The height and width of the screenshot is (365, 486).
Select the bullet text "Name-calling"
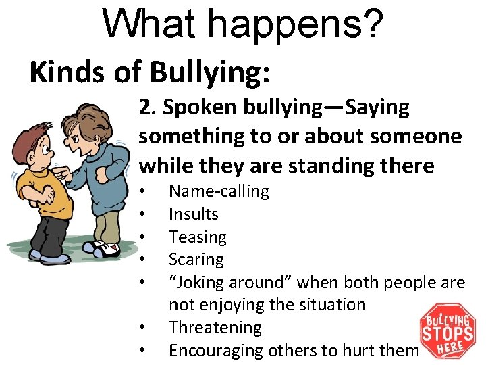[x=219, y=191]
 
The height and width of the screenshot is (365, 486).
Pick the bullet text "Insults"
[x=194, y=214]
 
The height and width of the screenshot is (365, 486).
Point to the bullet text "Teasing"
[x=198, y=237]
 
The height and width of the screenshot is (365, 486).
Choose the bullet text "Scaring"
[x=196, y=260]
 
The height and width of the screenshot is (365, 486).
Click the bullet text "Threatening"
[x=215, y=328]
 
